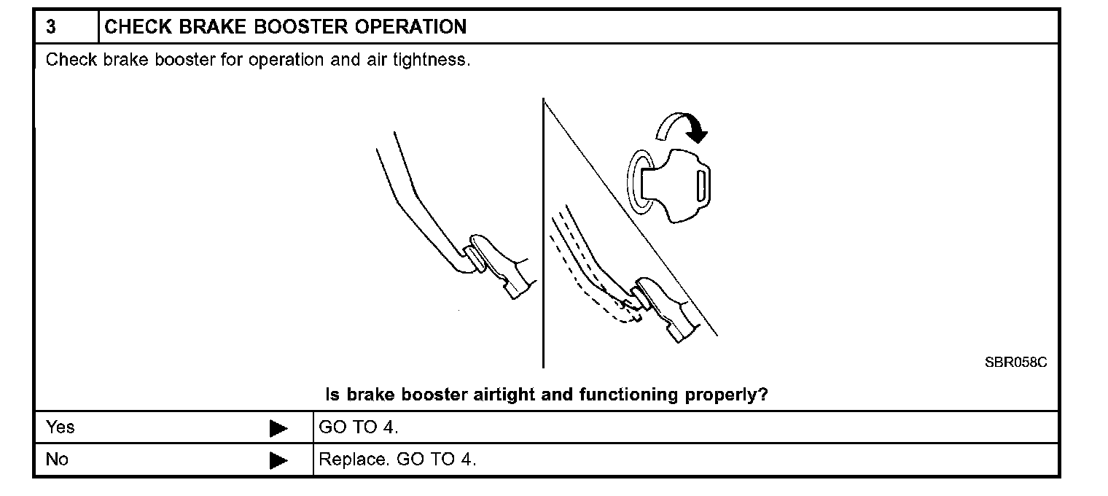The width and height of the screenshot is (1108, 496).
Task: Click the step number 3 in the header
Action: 51,28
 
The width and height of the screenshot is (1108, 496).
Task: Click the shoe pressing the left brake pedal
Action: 503,266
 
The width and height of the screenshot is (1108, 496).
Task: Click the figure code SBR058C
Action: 1015,363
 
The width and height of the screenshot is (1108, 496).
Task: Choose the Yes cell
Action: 61,427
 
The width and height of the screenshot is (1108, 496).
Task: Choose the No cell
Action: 57,460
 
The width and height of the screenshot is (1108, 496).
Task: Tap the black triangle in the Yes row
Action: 278,428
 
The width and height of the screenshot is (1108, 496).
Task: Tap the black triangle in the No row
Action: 278,461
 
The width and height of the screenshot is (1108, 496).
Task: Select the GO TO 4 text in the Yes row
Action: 359,427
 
